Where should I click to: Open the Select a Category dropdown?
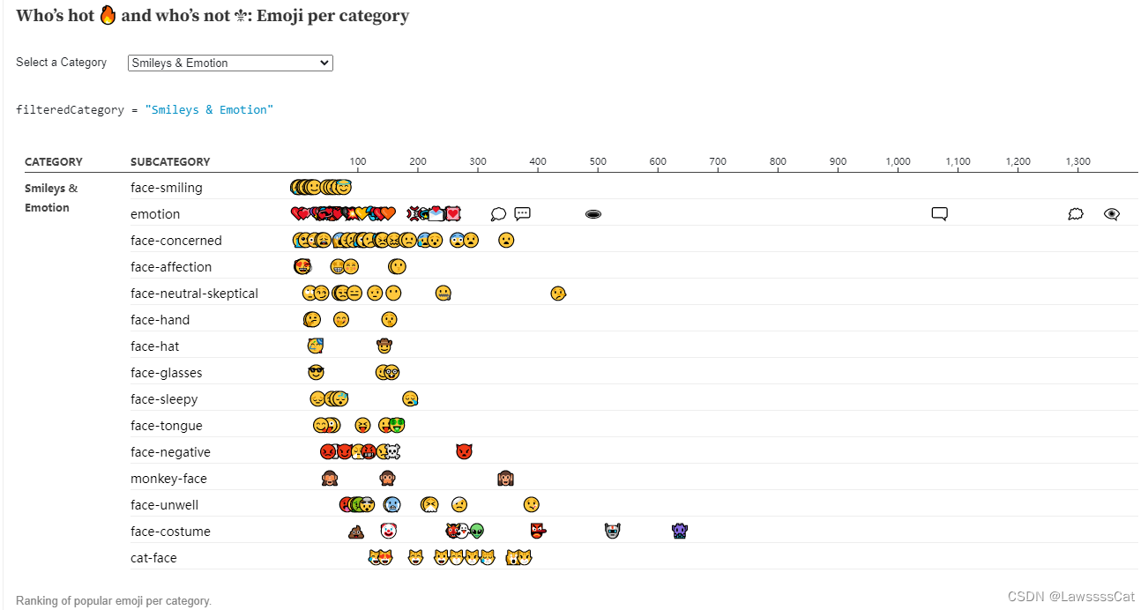pos(230,63)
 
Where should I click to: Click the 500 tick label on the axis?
pos(598,161)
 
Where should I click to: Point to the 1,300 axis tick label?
pos(1077,161)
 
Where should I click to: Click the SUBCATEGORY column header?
pos(170,161)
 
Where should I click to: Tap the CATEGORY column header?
pos(53,161)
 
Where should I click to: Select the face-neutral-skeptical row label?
pos(194,294)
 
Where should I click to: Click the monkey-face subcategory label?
pos(168,479)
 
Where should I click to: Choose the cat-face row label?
pos(153,558)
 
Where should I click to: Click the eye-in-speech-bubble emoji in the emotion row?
pos(1111,213)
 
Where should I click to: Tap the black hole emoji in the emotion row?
pos(593,214)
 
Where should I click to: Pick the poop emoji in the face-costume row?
pos(356,532)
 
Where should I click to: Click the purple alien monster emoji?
pos(679,531)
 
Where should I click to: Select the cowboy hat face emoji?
pos(384,346)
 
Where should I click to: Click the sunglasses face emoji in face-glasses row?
pos(316,372)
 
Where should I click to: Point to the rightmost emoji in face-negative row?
pos(464,451)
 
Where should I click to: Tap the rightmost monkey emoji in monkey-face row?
pos(505,479)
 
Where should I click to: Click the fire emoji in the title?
pos(108,16)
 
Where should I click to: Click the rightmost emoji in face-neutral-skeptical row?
pos(557,293)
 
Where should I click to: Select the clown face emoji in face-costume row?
pos(388,531)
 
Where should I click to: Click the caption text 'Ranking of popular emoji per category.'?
pos(114,600)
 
